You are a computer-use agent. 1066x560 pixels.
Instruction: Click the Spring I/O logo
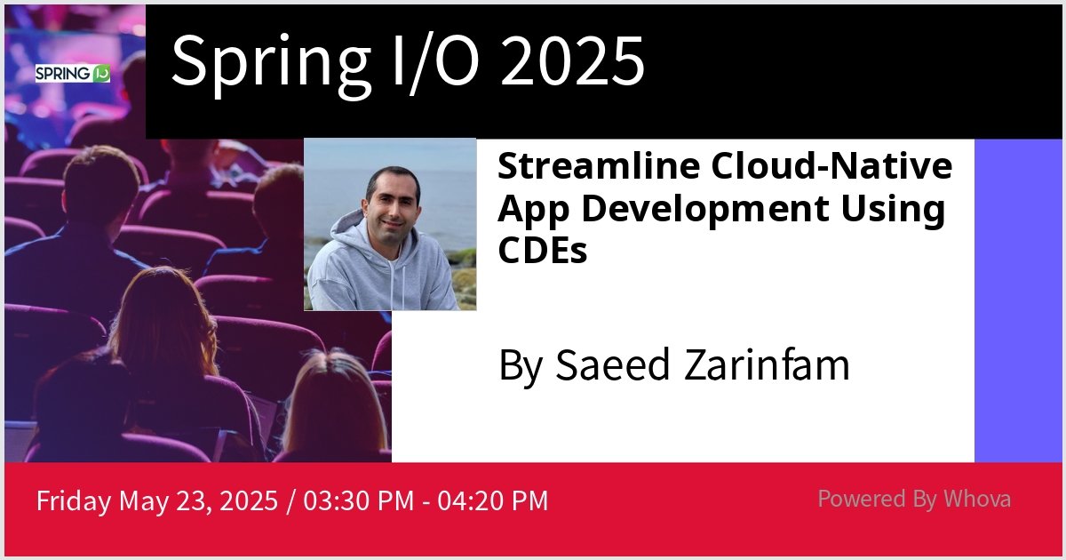[73, 74]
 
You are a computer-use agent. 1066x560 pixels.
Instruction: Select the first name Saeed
[612, 365]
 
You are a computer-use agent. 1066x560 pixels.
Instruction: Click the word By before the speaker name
[519, 365]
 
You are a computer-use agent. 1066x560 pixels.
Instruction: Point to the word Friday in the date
[74, 500]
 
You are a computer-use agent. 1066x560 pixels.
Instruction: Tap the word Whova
[977, 499]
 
